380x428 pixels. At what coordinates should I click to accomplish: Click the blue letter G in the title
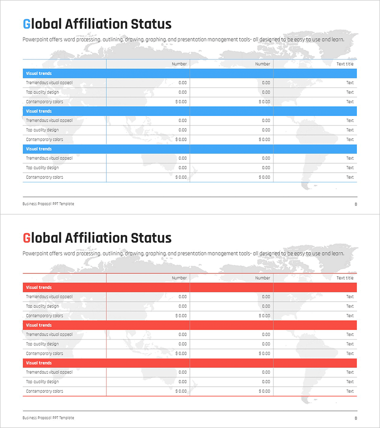click(27, 24)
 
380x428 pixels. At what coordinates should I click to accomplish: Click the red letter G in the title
click(27, 238)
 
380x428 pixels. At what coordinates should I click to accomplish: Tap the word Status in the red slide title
click(152, 238)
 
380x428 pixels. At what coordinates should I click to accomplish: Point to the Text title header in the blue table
click(345, 64)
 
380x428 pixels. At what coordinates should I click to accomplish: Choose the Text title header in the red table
click(345, 278)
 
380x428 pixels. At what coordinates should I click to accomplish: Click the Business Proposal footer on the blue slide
click(48, 204)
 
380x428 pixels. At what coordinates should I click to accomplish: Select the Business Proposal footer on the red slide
click(48, 418)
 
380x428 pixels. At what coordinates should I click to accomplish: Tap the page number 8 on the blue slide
click(356, 204)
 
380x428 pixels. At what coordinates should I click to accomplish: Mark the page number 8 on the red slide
click(356, 418)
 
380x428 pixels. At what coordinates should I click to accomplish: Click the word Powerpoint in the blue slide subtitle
click(36, 39)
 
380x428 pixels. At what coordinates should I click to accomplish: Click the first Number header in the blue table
click(179, 64)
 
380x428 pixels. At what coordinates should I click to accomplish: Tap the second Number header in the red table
click(263, 278)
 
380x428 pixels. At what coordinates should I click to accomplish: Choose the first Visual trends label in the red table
click(39, 288)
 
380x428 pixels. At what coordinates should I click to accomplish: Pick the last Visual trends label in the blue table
click(39, 149)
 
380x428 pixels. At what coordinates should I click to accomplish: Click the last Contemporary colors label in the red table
click(44, 391)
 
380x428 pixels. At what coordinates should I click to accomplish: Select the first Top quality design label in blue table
click(42, 92)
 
